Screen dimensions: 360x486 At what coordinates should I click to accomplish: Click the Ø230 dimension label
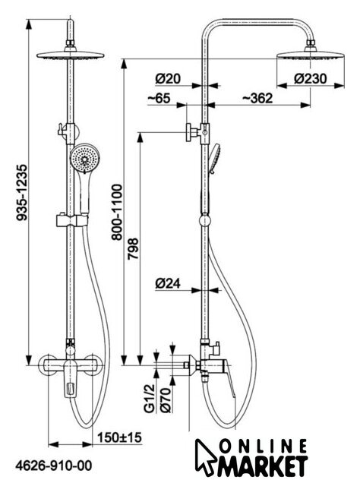(311, 78)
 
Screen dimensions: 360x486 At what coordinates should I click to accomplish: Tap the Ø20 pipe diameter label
(168, 78)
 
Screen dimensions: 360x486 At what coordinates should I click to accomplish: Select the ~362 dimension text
(257, 98)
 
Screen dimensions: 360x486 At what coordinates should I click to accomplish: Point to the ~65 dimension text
(159, 98)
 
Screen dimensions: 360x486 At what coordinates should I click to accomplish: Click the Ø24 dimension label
(168, 283)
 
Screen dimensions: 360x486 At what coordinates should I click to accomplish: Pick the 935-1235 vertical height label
(22, 192)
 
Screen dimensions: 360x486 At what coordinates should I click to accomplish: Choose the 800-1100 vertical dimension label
(117, 213)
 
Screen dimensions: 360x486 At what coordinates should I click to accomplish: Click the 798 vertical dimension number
(134, 248)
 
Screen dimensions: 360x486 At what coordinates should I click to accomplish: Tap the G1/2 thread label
(150, 398)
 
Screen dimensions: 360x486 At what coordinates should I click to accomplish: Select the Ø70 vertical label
(166, 400)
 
